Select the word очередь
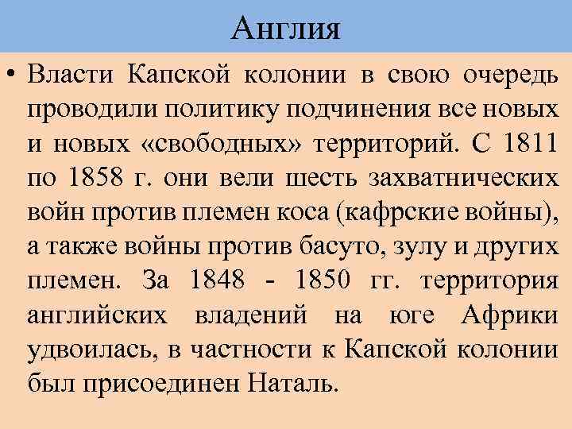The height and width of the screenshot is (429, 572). (x=510, y=76)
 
